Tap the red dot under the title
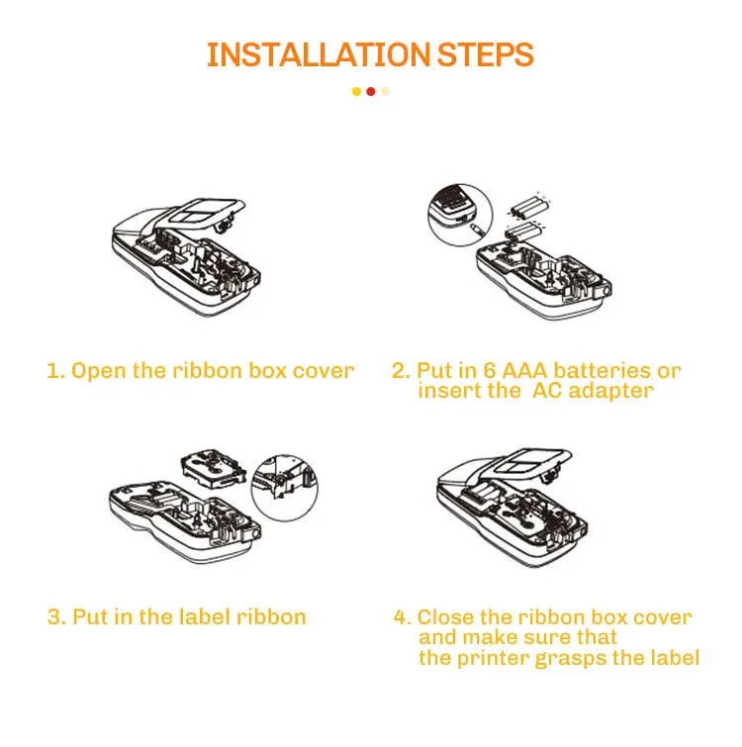coord(371,92)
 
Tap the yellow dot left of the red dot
coord(356,92)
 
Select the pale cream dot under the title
coord(386,92)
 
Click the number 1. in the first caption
coord(55,371)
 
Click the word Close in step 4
coord(446,617)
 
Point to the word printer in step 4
coord(494,658)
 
